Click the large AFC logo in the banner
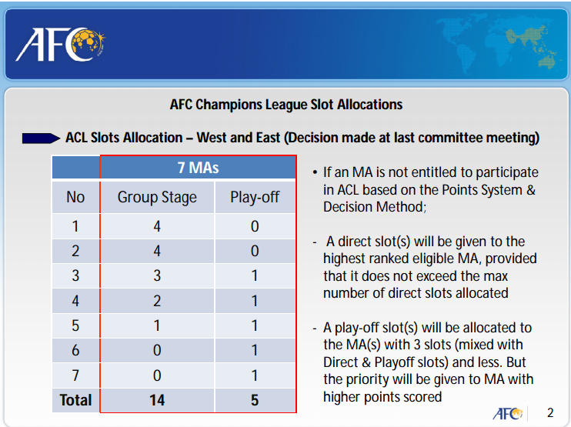tap(61, 45)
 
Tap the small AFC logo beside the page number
tap(508, 413)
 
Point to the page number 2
tap(550, 412)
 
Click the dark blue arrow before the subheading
tap(41, 138)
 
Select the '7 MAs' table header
tap(198, 168)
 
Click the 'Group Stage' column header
tap(157, 197)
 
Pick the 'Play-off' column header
tap(255, 197)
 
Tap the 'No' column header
tap(75, 197)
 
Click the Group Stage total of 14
tap(157, 400)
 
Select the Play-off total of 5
tap(255, 400)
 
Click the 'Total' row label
tap(75, 400)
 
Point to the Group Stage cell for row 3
tap(157, 275)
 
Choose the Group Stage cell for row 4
tap(157, 301)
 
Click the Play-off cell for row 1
tap(255, 226)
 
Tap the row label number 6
tap(75, 350)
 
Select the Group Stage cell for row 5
tap(157, 325)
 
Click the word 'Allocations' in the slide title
tap(369, 105)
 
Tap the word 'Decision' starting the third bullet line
tap(348, 207)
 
